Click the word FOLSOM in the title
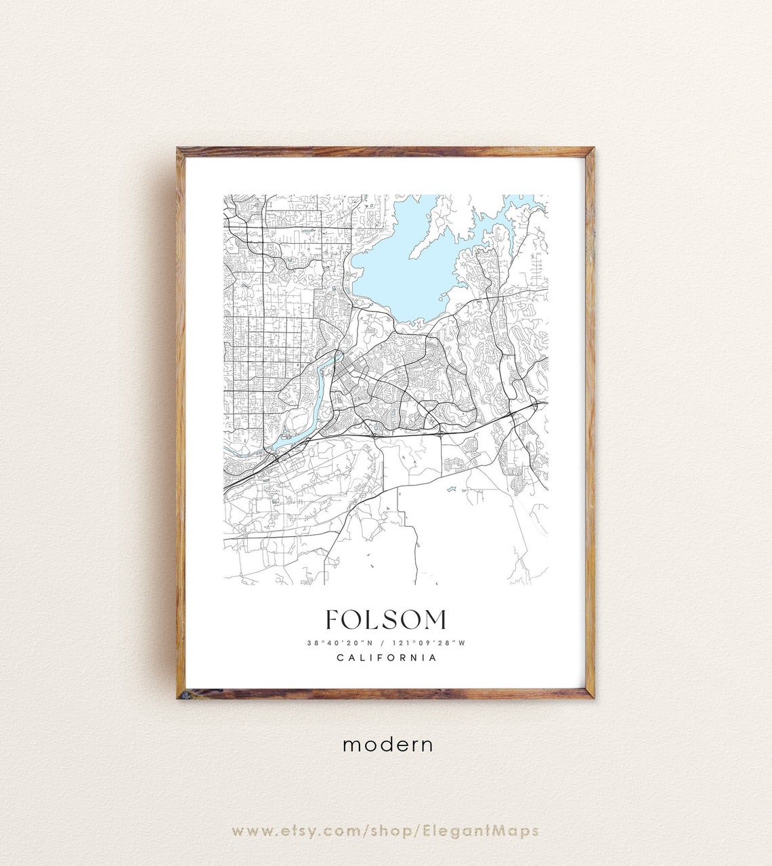pos(386,620)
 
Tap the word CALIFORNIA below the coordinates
pos(386,657)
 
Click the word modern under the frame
pos(387,744)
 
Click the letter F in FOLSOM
pos(332,620)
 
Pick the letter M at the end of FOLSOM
pos(435,620)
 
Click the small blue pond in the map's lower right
pos(450,489)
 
